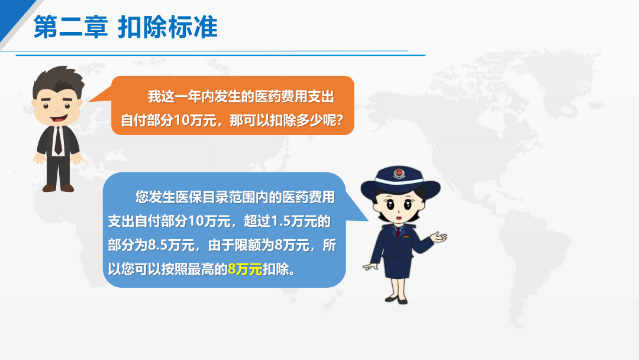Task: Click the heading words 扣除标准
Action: pos(167,27)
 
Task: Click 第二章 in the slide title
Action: pos(70,27)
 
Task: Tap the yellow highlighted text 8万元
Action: pos(245,269)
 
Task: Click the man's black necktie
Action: pos(58,141)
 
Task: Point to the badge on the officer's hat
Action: pos(399,173)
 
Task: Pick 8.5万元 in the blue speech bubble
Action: pos(171,246)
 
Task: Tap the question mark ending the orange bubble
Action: pos(339,120)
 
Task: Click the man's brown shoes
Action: pos(58,188)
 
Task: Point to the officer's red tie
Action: pos(398,232)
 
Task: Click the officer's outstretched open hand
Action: pos(438,237)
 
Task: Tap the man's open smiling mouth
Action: pos(59,118)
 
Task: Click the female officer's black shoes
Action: pos(396,300)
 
